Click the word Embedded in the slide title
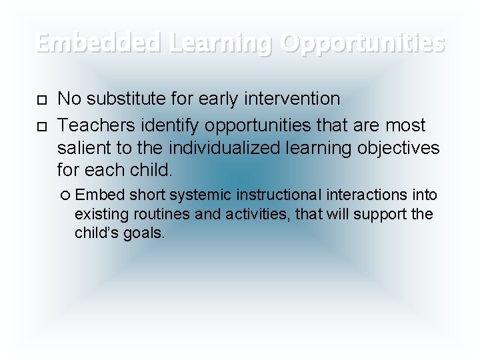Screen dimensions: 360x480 pyautogui.click(x=99, y=43)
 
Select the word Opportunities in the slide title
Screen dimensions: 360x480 pyautogui.click(x=363, y=43)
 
